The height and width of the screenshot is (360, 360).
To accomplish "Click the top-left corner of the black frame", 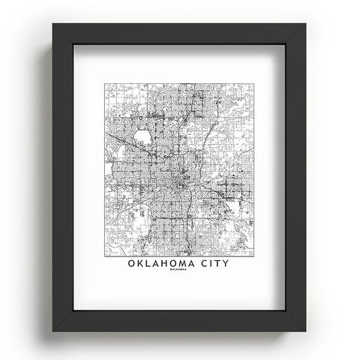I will coord(53,23).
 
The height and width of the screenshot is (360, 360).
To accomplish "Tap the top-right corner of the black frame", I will coord(306,23).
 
